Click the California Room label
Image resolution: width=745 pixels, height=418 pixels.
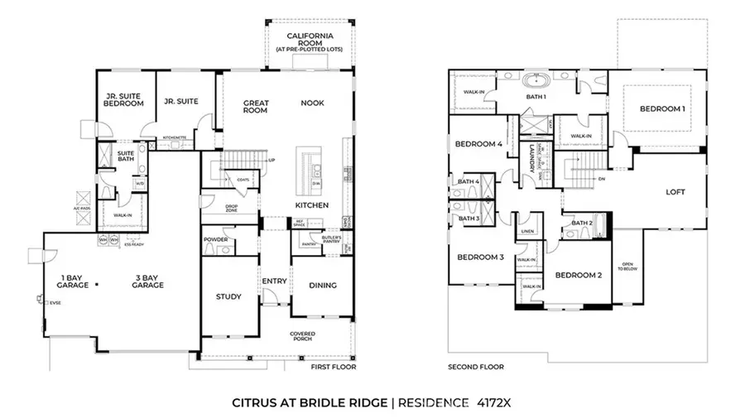304,41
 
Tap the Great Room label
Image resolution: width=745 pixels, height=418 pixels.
256,107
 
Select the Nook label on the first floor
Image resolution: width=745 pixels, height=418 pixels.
313,103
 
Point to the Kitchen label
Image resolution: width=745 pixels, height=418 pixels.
312,204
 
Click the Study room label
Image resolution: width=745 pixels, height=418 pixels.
228,296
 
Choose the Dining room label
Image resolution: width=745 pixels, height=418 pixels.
322,286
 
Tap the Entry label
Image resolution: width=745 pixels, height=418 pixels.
274,281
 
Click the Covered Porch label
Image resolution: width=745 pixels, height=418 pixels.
302,336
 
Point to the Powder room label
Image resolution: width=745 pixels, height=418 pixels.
215,240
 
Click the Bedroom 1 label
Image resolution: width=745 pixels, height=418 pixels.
661,109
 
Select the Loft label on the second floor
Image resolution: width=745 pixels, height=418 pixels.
675,191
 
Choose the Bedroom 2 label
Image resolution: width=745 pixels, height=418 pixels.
577,275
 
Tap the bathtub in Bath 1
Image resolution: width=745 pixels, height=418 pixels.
537,81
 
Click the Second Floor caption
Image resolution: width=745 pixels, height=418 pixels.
475,367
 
